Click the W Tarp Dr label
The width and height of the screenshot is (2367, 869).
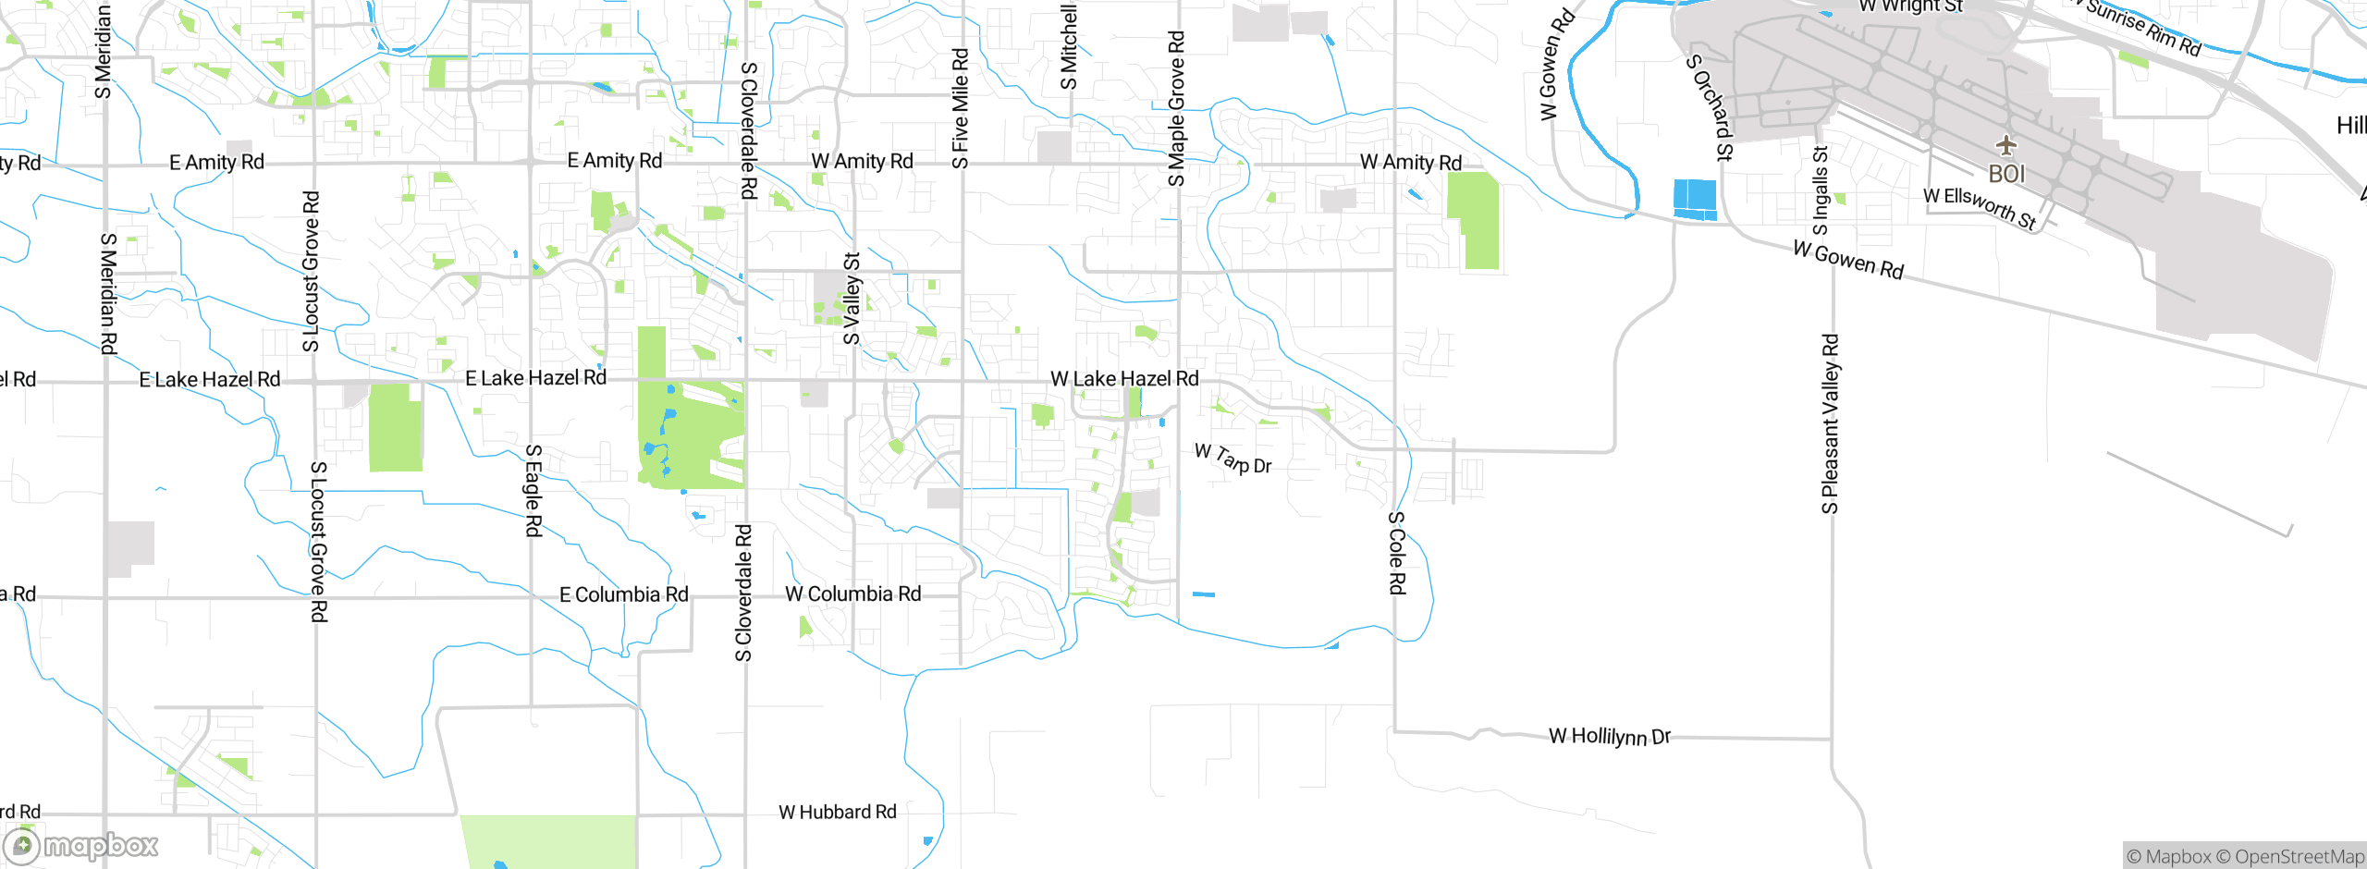click(x=1233, y=459)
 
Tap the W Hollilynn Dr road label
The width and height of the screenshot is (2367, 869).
click(x=1610, y=737)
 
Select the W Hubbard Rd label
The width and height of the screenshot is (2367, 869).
click(x=838, y=813)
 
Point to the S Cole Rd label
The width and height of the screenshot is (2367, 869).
click(x=1397, y=553)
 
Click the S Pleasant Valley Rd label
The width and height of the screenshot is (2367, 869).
click(x=1830, y=423)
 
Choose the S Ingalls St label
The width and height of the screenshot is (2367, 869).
click(x=1821, y=191)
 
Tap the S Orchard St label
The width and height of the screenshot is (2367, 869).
click(x=1710, y=107)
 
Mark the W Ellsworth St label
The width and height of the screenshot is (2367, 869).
click(x=1980, y=207)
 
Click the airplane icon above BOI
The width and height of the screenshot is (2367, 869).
click(x=2005, y=145)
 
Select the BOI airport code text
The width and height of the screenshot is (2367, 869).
click(x=2006, y=174)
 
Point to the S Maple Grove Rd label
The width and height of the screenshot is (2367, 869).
click(x=1176, y=109)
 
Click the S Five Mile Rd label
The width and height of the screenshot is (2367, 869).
click(x=961, y=109)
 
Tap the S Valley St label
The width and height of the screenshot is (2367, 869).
click(x=852, y=299)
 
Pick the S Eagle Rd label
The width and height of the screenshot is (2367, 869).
click(x=533, y=490)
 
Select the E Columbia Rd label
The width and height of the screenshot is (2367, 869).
click(x=624, y=594)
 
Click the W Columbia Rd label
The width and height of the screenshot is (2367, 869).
click(x=853, y=594)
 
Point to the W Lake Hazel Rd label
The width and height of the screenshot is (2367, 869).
click(x=1124, y=379)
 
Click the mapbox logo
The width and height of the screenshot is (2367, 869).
click(x=81, y=845)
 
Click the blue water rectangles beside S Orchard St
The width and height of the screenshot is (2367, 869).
click(x=1695, y=200)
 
